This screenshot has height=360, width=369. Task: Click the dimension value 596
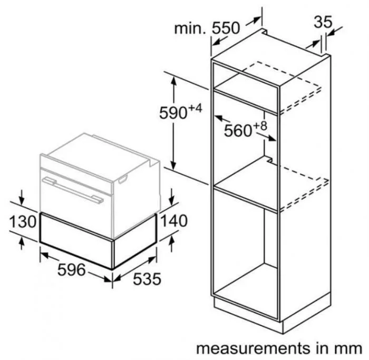pyautogui.click(x=71, y=270)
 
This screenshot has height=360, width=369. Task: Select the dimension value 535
pyautogui.click(x=146, y=279)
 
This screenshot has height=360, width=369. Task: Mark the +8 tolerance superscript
pyautogui.click(x=259, y=126)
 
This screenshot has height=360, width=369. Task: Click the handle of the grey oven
pyautogui.click(x=74, y=190)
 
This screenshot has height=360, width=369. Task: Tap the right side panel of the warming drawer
pyautogui.click(x=134, y=240)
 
